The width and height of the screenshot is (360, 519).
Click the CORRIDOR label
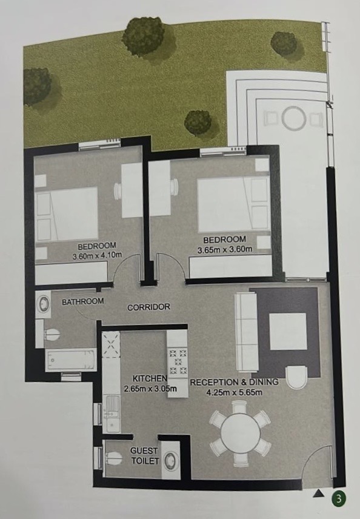pyautogui.click(x=149, y=307)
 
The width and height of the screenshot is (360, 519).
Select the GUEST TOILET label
pyautogui.click(x=145, y=455)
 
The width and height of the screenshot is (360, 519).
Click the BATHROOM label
pyautogui.click(x=82, y=301)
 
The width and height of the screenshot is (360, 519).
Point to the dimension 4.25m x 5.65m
pyautogui.click(x=235, y=393)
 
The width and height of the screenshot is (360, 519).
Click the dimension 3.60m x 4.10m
pyautogui.click(x=97, y=255)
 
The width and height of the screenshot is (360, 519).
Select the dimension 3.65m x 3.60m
pyautogui.click(x=225, y=250)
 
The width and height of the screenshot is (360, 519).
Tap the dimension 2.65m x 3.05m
pyautogui.click(x=150, y=389)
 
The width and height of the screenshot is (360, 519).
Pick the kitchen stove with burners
pyautogui.click(x=178, y=362)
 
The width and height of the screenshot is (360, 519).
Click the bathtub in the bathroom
pyautogui.click(x=71, y=360)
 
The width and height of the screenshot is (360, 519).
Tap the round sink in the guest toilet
pyautogui.click(x=172, y=460)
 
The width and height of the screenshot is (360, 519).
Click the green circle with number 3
pyautogui.click(x=339, y=498)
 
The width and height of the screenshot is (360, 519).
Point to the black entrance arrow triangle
pyautogui.click(x=318, y=494)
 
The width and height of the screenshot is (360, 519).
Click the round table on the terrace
pyautogui.click(x=293, y=117)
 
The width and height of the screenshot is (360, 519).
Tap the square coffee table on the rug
pyautogui.click(x=287, y=332)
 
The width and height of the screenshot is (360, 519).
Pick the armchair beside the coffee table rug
pyautogui.click(x=296, y=377)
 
